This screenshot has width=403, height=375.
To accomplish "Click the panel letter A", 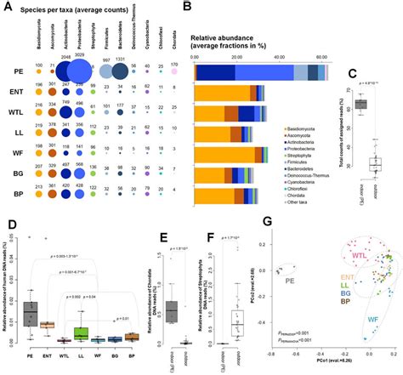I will [x=8, y=8].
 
